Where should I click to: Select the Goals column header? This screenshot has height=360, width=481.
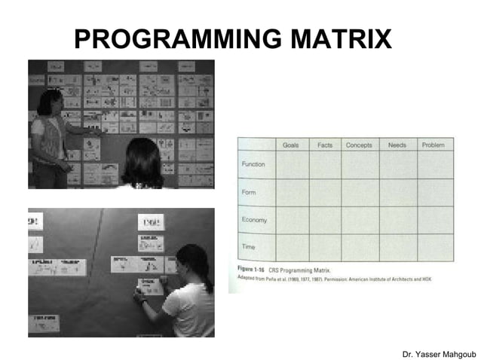[x=292, y=145]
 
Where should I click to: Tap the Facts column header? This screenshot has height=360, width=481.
[x=325, y=145]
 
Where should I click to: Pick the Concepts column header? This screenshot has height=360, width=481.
[x=359, y=145]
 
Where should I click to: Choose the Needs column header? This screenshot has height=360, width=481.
[x=397, y=145]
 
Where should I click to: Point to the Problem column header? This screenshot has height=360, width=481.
[x=434, y=145]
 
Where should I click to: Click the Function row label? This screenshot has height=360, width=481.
[x=253, y=164]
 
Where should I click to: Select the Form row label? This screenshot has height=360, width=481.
[x=248, y=192]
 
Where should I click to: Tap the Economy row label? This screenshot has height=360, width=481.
[x=254, y=220]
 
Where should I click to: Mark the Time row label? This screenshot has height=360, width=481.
[x=247, y=246]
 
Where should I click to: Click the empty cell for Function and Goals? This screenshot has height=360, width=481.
[x=292, y=164]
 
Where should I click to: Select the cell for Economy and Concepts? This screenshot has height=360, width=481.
[x=359, y=220]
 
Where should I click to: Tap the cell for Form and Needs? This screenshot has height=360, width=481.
[x=397, y=192]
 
